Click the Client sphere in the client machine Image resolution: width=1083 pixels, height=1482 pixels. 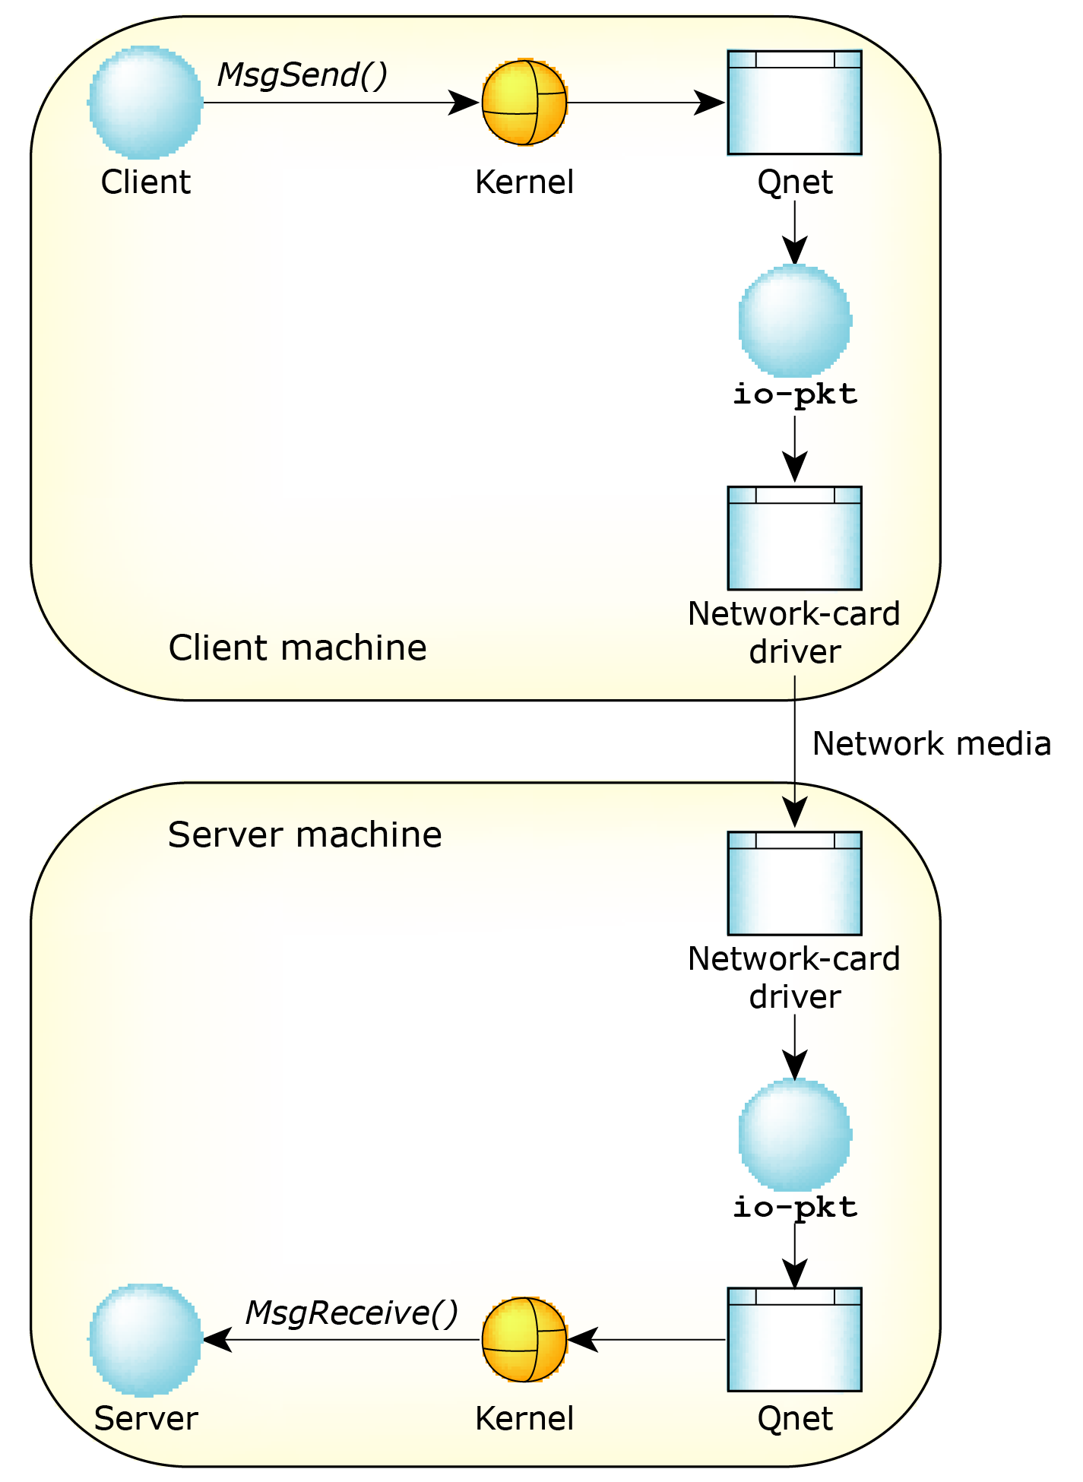(145, 103)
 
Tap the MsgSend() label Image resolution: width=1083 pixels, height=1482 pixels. (302, 74)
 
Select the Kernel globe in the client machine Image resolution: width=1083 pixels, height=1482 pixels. (524, 103)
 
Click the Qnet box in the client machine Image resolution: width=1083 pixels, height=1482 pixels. (794, 103)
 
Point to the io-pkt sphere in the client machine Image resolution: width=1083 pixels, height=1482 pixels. (795, 321)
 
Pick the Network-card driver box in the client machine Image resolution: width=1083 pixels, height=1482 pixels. (794, 538)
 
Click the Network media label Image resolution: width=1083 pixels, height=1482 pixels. (931, 743)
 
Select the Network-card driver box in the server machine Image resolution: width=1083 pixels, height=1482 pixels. (794, 883)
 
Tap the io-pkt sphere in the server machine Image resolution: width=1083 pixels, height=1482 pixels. (795, 1134)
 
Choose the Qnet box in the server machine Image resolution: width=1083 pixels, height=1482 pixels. (794, 1339)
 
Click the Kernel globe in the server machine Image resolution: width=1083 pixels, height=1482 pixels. (524, 1339)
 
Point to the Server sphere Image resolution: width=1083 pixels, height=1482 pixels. (145, 1340)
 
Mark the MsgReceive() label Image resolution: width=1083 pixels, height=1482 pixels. (351, 1313)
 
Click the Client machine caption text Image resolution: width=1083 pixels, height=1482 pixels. (297, 648)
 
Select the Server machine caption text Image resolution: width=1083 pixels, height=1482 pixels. (305, 834)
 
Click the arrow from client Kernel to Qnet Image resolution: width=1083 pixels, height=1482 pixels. (646, 103)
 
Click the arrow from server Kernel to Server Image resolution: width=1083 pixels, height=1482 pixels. (342, 1339)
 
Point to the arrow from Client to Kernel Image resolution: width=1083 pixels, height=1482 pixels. (342, 103)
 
